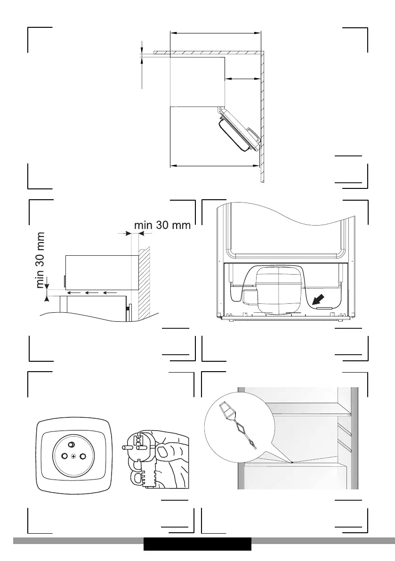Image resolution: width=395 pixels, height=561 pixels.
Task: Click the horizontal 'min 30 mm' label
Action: [162, 225]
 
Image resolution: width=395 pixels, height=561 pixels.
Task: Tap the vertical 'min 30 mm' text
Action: [41, 260]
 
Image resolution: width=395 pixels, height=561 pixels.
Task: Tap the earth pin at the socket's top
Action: [71, 445]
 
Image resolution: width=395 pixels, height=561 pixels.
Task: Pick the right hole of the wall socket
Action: [83, 456]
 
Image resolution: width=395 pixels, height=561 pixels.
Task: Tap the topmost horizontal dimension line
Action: [215, 33]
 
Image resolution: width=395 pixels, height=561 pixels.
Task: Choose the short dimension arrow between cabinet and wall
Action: [242, 79]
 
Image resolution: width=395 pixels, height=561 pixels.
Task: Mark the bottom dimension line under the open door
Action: [215, 165]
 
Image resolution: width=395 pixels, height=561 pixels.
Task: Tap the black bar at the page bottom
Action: [197, 544]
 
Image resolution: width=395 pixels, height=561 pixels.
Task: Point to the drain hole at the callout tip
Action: [292, 462]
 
